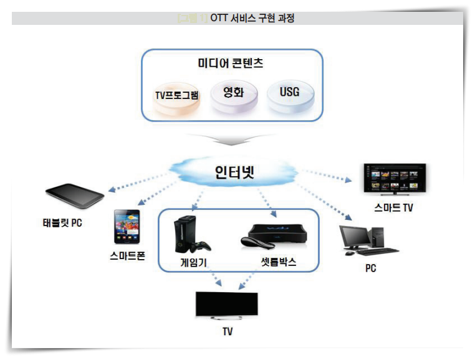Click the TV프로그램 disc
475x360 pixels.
pyautogui.click(x=177, y=97)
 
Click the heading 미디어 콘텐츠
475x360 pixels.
pyautogui.click(x=232, y=63)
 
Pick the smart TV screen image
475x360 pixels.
pyautogui.click(x=394, y=179)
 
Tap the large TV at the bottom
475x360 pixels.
pyautogui.click(x=228, y=303)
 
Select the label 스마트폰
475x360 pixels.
pyautogui.click(x=127, y=256)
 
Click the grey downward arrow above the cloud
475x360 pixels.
pyautogui.click(x=232, y=138)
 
